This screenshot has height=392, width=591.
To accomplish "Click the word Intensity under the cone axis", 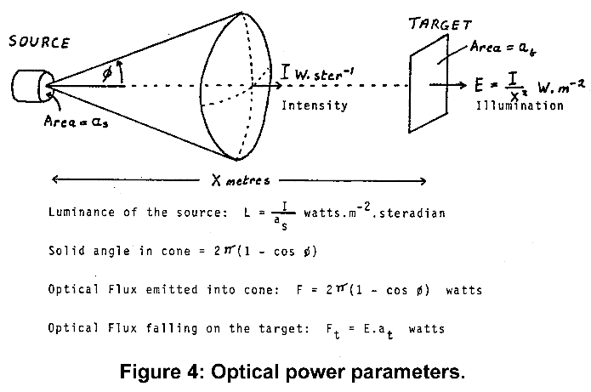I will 314,106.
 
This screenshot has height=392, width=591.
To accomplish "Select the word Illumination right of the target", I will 520,106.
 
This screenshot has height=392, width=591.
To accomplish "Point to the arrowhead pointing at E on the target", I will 465,85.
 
